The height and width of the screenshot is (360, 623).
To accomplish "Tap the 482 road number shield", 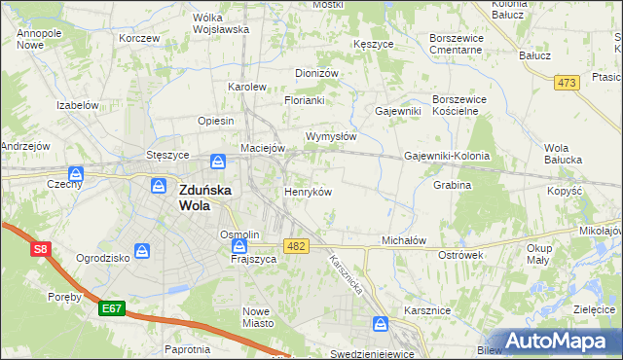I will pos(297,246).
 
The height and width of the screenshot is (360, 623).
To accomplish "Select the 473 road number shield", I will pos(568,84).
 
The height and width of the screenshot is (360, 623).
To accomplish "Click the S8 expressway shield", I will pos(40,250).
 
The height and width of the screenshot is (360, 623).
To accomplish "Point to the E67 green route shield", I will pos(112,308).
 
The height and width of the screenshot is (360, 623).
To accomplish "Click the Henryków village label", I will pos(308,192).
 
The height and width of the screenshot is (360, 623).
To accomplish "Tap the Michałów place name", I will pos(405,239).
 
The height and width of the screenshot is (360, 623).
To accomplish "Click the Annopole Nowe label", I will pos(39,39).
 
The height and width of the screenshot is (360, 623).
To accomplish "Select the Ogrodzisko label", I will pos(102,259).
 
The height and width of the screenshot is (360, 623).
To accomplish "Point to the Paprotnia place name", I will pos(188,348).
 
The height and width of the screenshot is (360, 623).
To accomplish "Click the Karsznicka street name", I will pos(346,276).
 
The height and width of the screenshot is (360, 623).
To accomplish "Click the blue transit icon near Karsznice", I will pos(382,323).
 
